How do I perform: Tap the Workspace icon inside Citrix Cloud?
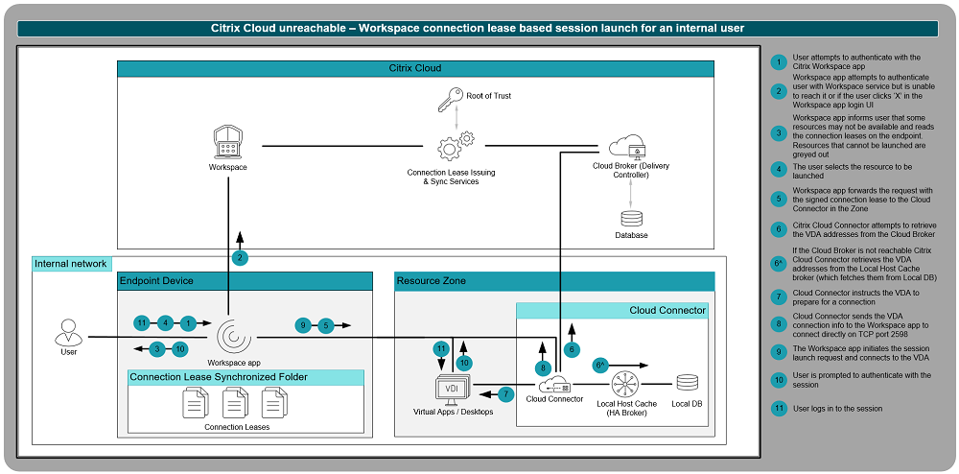coord(228,142)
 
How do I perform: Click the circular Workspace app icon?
coord(233,337)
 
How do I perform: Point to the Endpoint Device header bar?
coord(245,281)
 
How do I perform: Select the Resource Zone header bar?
coord(554,281)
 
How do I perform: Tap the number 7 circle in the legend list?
coord(780,297)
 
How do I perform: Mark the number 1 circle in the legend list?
coord(780,62)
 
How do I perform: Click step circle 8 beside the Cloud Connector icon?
coord(542,367)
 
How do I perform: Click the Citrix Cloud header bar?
coord(414,69)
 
